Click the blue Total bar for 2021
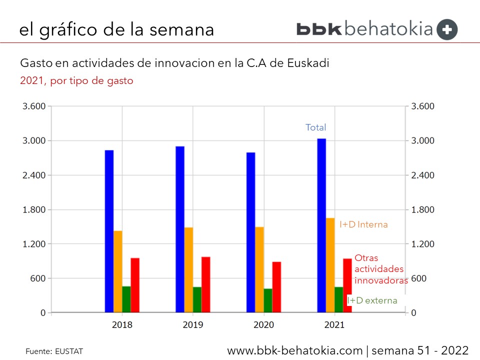click(321, 225)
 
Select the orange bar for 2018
click(118, 271)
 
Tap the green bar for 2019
click(197, 299)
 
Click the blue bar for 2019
click(180, 229)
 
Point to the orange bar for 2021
click(330, 265)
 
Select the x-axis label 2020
click(263, 325)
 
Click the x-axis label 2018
click(122, 325)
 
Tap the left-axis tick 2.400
click(33, 175)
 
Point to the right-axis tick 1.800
click(423, 209)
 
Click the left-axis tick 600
click(39, 278)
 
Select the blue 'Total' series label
click(315, 127)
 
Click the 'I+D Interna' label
click(363, 225)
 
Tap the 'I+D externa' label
click(372, 300)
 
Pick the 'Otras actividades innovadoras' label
click(381, 269)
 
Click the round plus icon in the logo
click(447, 29)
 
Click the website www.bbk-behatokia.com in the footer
click(294, 350)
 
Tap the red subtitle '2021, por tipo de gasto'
click(76, 80)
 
